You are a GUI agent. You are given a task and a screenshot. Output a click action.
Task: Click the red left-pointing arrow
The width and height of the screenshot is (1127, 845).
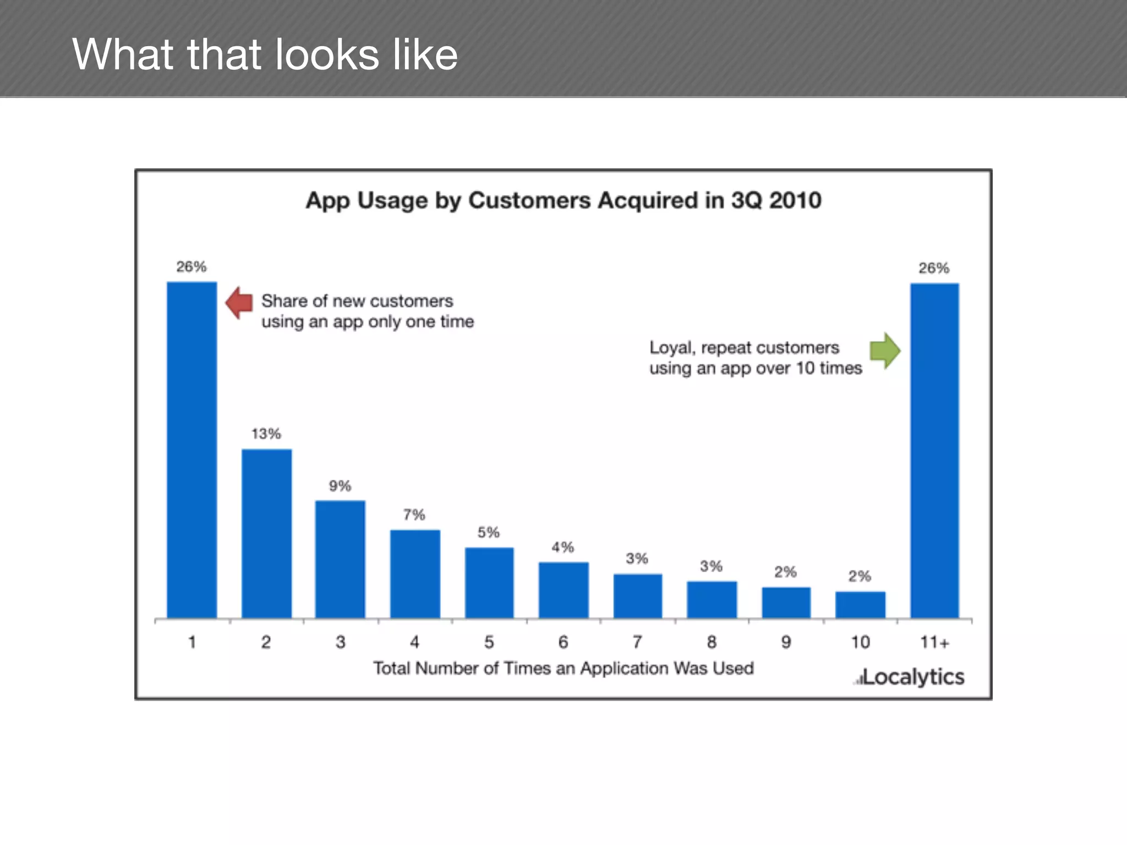tap(239, 302)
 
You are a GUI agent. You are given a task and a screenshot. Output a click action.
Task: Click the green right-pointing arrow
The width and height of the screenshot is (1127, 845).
tap(885, 350)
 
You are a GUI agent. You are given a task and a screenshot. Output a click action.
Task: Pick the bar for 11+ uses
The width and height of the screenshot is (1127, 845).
tap(934, 451)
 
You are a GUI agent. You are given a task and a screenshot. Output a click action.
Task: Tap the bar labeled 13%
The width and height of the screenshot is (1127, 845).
tap(266, 534)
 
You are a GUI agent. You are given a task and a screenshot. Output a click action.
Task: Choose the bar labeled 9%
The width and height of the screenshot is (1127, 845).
tap(340, 559)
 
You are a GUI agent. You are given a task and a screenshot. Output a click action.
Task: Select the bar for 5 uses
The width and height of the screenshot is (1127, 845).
tap(489, 583)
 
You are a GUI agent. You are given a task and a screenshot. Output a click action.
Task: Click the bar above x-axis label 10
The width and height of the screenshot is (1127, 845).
tap(860, 605)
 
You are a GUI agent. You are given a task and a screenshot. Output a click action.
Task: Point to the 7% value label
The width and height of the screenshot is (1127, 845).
tap(414, 515)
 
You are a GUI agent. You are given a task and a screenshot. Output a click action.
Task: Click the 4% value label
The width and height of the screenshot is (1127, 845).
tap(563, 547)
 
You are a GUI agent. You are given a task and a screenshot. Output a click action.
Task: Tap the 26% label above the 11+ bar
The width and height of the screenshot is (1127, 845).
tap(934, 268)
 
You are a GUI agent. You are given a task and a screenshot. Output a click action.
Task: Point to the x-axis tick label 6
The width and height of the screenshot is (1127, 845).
tap(563, 642)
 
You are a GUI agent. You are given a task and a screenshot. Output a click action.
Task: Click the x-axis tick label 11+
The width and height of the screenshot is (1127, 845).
tap(934, 642)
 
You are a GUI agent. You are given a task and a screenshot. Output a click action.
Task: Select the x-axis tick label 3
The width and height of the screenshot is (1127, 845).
tap(341, 642)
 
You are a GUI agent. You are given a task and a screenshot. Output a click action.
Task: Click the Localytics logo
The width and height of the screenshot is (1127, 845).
tap(910, 677)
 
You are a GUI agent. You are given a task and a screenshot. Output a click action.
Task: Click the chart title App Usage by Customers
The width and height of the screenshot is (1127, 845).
tap(563, 200)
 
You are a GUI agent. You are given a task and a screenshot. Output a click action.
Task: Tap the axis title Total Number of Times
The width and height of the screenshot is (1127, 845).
tap(563, 668)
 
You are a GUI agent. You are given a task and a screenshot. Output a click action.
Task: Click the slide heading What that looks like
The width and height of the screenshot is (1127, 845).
tap(265, 54)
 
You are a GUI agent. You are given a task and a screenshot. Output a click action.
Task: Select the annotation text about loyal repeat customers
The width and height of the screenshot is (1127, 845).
tap(755, 358)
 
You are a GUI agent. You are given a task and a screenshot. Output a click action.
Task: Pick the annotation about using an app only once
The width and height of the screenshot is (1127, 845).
tap(367, 311)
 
